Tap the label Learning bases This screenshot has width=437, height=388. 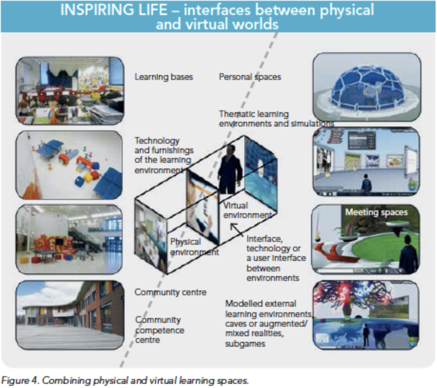pos(164,77)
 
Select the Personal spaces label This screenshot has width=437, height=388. pos(250,77)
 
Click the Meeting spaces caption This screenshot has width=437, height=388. pos(376,212)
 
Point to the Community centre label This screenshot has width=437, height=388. pos(170,293)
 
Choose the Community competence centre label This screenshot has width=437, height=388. pos(160,330)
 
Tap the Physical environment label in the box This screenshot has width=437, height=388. pos(194,247)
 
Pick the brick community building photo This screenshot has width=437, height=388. pos(70,315)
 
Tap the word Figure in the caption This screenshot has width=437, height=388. pos(14,380)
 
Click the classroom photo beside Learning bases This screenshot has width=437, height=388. pos(70,91)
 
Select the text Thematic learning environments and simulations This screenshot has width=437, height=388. pos(275,119)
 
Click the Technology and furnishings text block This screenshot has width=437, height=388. pos(163,155)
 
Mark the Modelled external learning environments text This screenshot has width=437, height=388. pos(268,323)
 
